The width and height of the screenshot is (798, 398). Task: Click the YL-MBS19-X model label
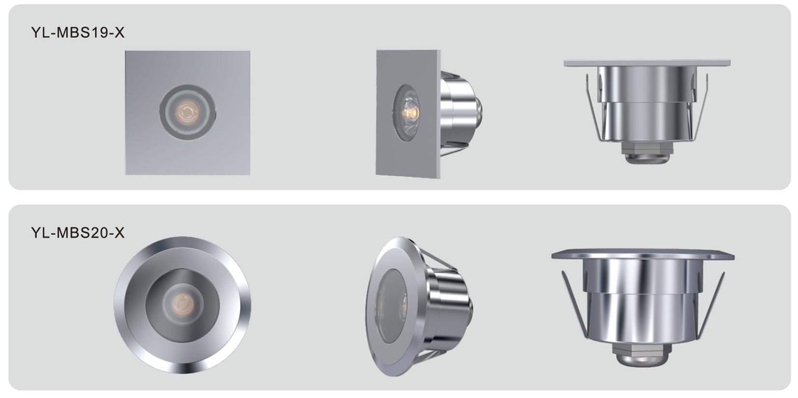[x=78, y=32]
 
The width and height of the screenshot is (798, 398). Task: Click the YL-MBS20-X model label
[x=78, y=233]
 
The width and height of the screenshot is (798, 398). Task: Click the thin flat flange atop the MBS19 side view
[x=647, y=63]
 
